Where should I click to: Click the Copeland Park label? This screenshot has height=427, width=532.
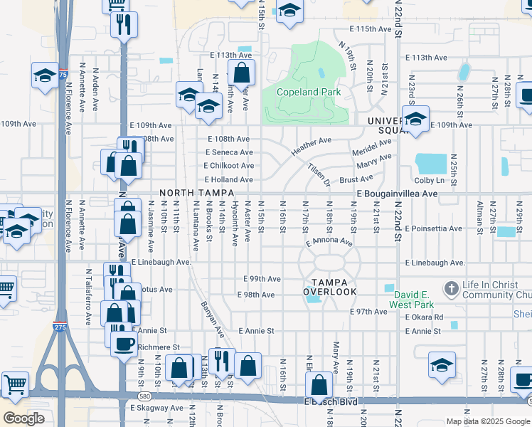[309, 92]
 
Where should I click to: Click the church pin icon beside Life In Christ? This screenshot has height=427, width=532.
[450, 288]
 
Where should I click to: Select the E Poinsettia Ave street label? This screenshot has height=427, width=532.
[433, 228]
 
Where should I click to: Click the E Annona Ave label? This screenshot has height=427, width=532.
[329, 243]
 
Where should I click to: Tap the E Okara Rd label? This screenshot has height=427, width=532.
[425, 317]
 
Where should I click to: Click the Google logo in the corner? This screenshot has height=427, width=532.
[23, 418]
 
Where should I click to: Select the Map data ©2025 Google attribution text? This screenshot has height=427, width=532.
[488, 421]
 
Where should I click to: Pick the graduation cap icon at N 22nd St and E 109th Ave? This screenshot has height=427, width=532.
[415, 118]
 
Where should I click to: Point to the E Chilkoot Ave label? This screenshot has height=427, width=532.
[228, 166]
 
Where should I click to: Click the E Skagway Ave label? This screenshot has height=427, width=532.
[156, 408]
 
